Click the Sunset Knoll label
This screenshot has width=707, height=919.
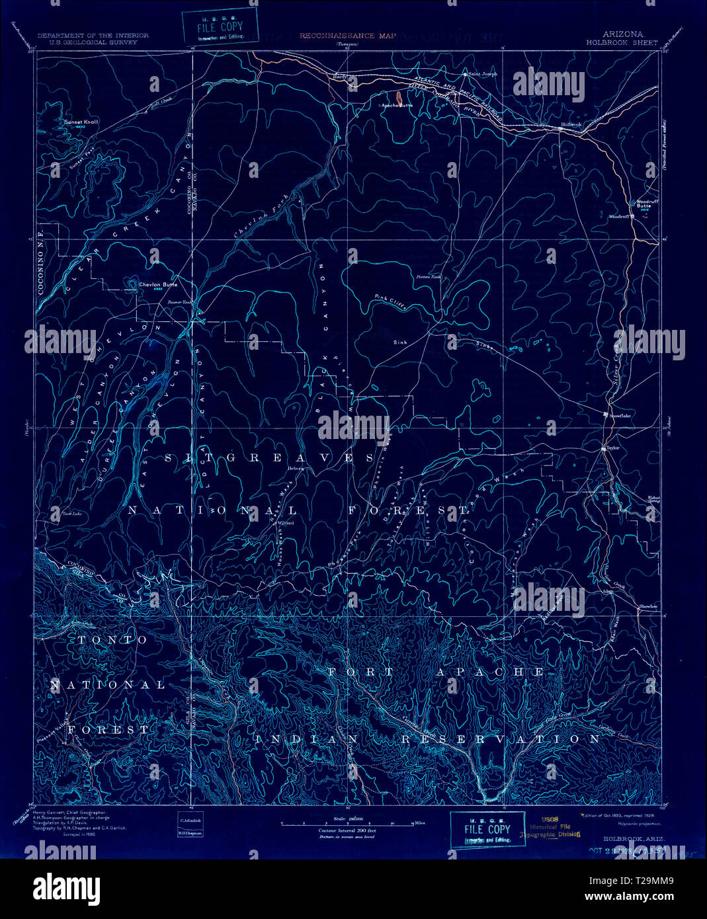pyautogui.click(x=81, y=122)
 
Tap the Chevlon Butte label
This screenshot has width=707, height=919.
pyautogui.click(x=159, y=285)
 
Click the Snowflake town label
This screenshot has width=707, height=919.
pyautogui.click(x=620, y=415)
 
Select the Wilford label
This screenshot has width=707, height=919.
pyautogui.click(x=285, y=522)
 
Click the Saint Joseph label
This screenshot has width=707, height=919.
pyautogui.click(x=483, y=74)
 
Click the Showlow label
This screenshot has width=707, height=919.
pyautogui.click(x=648, y=606)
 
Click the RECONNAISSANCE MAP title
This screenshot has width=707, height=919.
pyautogui.click(x=348, y=36)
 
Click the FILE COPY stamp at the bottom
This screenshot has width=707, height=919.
pyautogui.click(x=487, y=830)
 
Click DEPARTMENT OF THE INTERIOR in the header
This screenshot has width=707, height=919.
pyautogui.click(x=93, y=35)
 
